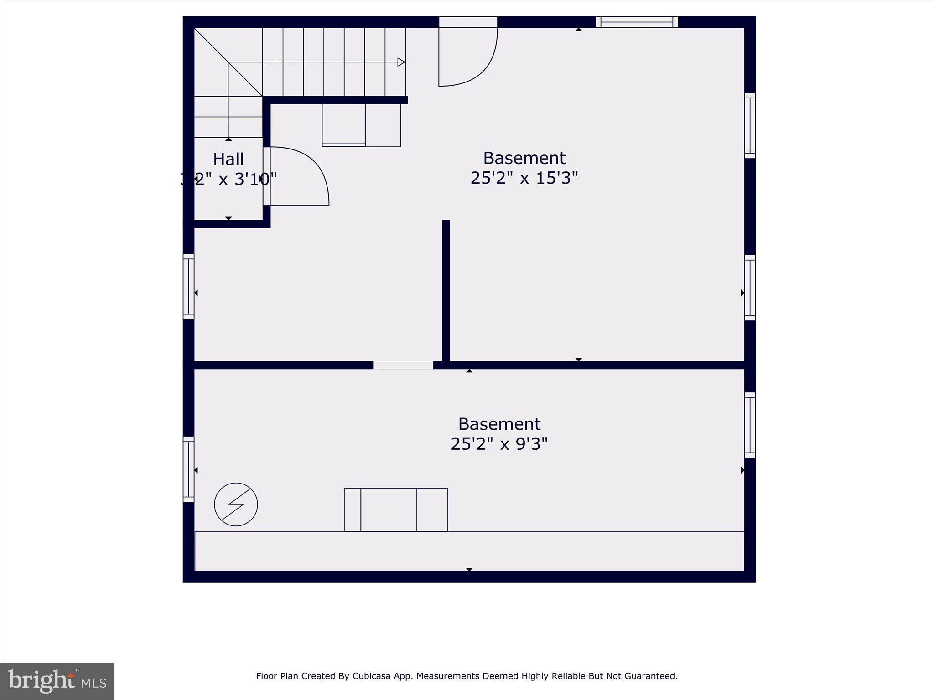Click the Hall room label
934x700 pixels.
tap(228, 160)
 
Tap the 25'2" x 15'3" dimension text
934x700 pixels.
tap(524, 178)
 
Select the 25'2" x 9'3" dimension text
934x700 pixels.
tap(499, 444)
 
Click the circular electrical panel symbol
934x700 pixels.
tap(236, 504)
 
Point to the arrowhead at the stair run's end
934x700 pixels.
tap(401, 62)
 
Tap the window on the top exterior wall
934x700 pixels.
tap(637, 22)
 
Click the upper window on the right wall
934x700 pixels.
tap(750, 125)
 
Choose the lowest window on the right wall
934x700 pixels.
tap(750, 425)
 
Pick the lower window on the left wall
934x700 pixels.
tap(188, 469)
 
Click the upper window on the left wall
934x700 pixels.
tap(188, 286)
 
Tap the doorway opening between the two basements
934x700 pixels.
tap(403, 365)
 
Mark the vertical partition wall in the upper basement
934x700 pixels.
tap(446, 292)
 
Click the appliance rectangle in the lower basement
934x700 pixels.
tap(396, 510)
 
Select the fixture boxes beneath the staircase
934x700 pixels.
tap(361, 125)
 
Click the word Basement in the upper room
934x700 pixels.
tap(524, 158)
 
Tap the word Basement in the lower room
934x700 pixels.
tap(499, 424)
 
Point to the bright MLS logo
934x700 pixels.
tap(57, 681)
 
